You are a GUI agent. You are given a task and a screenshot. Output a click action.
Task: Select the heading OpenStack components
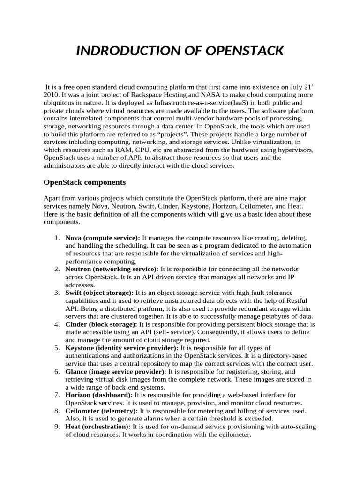pyautogui.click(x=85, y=181)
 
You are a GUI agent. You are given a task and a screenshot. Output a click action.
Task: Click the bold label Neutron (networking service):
pyautogui.click(x=112, y=270)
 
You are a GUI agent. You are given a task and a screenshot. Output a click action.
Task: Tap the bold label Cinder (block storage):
pyautogui.click(x=101, y=324)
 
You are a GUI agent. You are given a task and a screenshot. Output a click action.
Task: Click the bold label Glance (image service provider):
pyautogui.click(x=116, y=372)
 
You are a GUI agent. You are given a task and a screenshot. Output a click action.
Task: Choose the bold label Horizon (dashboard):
pyautogui.click(x=99, y=395)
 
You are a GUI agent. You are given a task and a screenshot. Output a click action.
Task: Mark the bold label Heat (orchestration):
pyautogui.click(x=98, y=427)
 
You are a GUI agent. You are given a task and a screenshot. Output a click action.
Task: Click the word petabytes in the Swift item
pyautogui.click(x=266, y=316)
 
